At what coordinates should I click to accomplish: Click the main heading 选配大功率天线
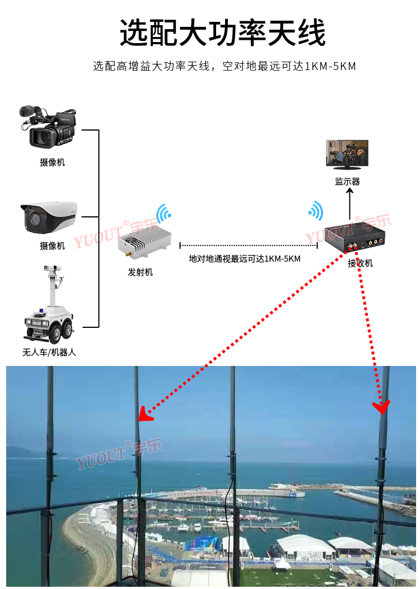(x=222, y=33)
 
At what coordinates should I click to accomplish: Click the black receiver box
(x=354, y=238)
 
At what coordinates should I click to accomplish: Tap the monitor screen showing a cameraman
(x=347, y=154)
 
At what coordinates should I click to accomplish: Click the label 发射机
(x=140, y=272)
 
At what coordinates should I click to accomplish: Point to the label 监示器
(x=347, y=182)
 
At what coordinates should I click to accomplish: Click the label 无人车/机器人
(x=49, y=353)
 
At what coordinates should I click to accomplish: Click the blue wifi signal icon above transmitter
(x=164, y=214)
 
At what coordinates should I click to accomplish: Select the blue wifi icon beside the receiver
(x=316, y=211)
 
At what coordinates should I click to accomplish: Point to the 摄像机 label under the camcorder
(x=52, y=163)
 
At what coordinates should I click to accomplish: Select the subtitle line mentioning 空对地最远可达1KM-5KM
(x=225, y=66)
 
